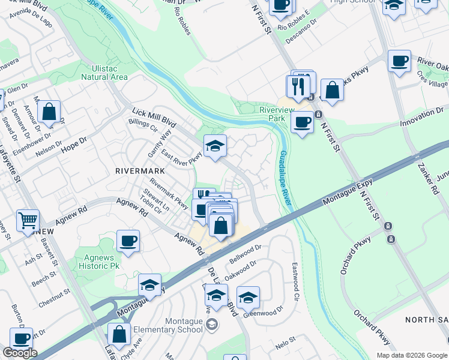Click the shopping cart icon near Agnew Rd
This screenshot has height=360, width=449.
tap(28, 222)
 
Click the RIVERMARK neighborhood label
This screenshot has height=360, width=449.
tap(140, 170)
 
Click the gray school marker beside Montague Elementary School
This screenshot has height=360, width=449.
tap(211, 325)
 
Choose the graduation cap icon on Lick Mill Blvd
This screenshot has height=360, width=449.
tap(215, 146)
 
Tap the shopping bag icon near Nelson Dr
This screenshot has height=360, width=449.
tap(49, 112)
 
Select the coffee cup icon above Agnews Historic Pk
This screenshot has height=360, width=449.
tap(128, 241)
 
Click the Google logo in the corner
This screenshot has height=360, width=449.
tap(20, 353)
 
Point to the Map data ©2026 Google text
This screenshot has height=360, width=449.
tap(412, 355)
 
